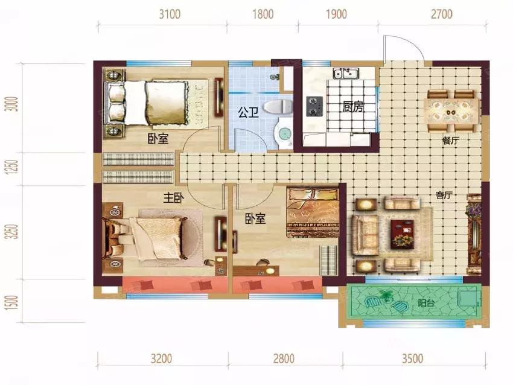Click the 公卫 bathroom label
pos(248,113)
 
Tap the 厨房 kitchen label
pos(353,107)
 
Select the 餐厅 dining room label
pos(450,141)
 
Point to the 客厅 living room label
pos(444,196)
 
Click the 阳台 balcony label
pos(426,303)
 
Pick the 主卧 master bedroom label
pos(174,198)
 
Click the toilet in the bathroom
pos(278,107)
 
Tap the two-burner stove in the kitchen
pos(314,106)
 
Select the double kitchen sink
pos(346,73)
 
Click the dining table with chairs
pos(451,111)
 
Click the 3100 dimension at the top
pos(170,14)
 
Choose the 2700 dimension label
pos(442,14)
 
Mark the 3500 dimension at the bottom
pos(413,358)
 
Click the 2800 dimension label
pos(284,358)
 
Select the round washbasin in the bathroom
pos(283,134)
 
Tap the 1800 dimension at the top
pos(263,14)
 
